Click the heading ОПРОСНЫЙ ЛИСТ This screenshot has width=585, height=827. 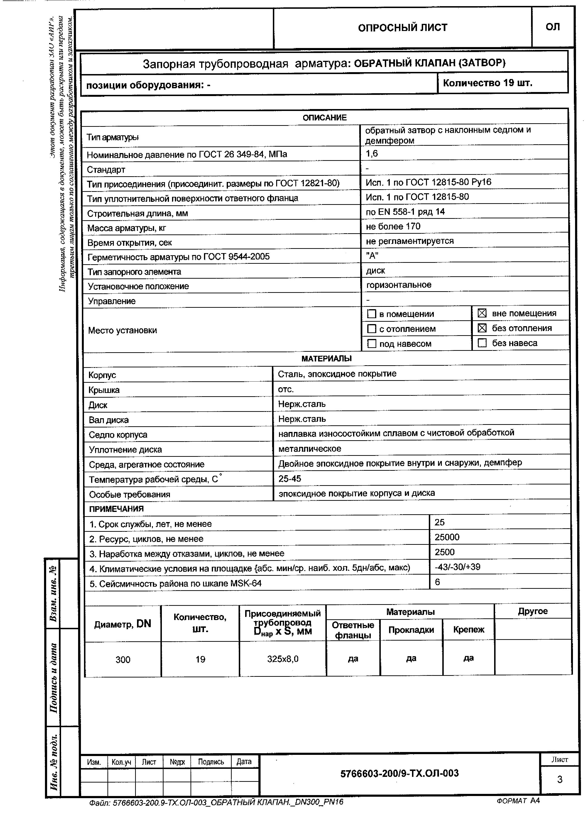402,28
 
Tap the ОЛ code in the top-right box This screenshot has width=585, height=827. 553,27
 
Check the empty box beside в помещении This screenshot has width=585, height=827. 371,314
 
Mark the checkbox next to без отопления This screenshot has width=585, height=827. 482,328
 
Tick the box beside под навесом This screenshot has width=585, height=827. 371,344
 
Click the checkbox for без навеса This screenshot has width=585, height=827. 482,343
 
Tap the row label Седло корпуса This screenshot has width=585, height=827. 118,435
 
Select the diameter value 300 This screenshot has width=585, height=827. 123,660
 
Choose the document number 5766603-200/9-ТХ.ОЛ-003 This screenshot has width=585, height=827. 399,773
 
